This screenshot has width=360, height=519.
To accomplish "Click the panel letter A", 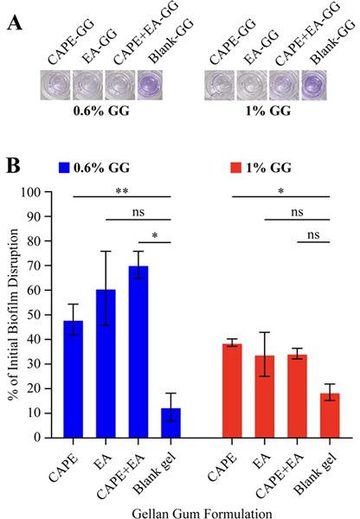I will (15, 21).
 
